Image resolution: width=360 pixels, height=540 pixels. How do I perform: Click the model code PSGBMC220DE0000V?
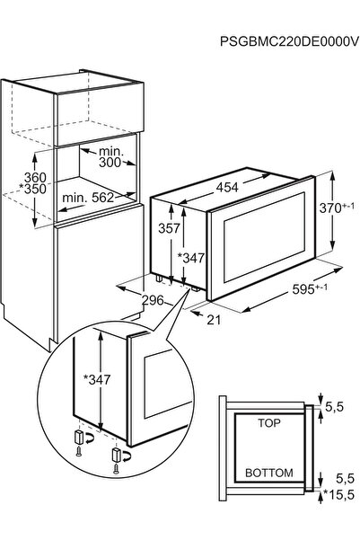[289, 41]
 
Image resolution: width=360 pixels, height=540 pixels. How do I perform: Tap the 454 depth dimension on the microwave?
[227, 188]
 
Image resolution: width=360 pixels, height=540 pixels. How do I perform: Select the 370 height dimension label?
[337, 208]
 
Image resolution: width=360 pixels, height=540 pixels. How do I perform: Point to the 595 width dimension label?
[310, 288]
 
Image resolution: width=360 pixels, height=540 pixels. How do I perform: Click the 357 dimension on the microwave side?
[169, 228]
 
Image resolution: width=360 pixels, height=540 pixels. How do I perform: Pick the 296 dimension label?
[154, 300]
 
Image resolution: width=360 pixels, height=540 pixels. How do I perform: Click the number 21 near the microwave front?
[214, 320]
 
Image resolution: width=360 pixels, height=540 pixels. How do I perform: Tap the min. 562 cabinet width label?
[88, 198]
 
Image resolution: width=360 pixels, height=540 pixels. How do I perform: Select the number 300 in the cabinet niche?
[110, 163]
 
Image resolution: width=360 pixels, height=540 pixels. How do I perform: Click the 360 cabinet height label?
[35, 177]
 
